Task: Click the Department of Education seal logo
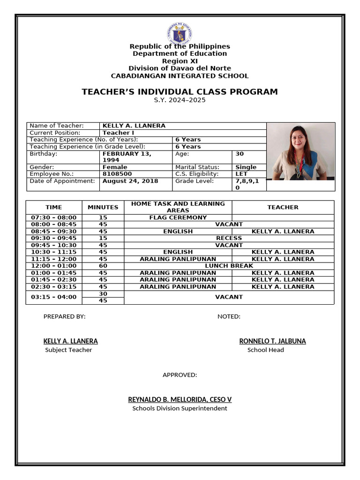pyautogui.click(x=180, y=33)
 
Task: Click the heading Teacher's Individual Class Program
pyautogui.click(x=180, y=92)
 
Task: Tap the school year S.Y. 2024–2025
pyautogui.click(x=180, y=100)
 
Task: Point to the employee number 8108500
pyautogui.click(x=117, y=174)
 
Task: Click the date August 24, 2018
pyautogui.click(x=130, y=181)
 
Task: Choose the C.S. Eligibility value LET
pyautogui.click(x=241, y=174)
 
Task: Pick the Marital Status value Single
pyautogui.click(x=246, y=167)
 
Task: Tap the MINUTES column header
pyautogui.click(x=103, y=207)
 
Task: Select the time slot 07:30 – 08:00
pyautogui.click(x=54, y=217)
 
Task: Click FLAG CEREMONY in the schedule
pyautogui.click(x=178, y=217)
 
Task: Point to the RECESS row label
pyautogui.click(x=229, y=238)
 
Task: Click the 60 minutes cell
pyautogui.click(x=103, y=266)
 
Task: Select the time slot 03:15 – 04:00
pyautogui.click(x=54, y=297)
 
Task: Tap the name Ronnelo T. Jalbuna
pyautogui.click(x=272, y=341)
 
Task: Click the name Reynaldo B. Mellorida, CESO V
pyautogui.click(x=180, y=399)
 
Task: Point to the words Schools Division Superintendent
pyautogui.click(x=180, y=408)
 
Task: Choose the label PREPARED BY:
pyautogui.click(x=65, y=316)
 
